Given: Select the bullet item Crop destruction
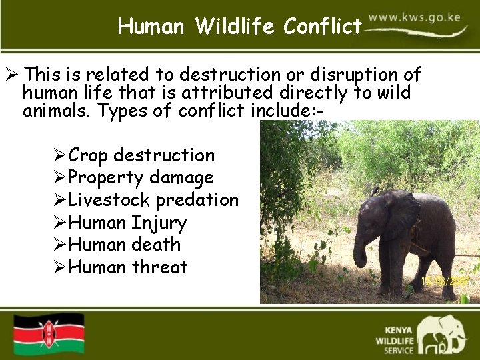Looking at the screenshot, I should [x=141, y=155].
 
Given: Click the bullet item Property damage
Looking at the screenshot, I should [x=141, y=177].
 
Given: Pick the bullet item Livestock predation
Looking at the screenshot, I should [x=153, y=200].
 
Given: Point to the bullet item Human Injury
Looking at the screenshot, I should [x=127, y=223].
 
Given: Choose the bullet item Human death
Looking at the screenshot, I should [x=124, y=245].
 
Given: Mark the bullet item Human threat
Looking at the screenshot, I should [x=127, y=267].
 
